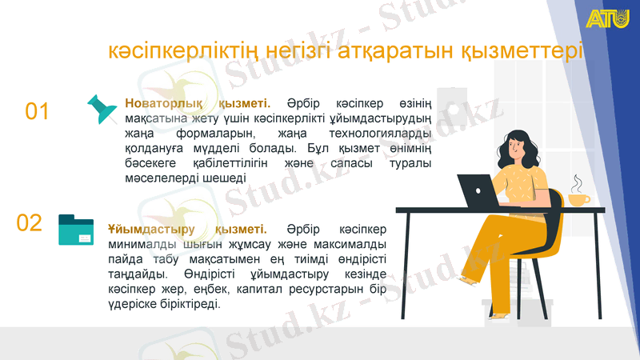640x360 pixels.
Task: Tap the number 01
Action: (x=38, y=111)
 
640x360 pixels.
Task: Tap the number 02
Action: (x=30, y=222)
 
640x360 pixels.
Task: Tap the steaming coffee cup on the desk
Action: (x=578, y=198)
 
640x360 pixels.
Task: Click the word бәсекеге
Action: (x=147, y=163)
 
